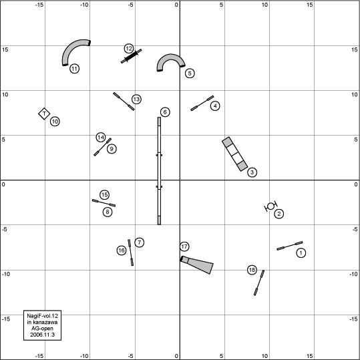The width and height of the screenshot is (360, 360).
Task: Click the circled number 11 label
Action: [74, 69]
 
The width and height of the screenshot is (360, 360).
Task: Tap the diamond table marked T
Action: [44, 114]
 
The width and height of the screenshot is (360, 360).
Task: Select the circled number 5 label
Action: [190, 73]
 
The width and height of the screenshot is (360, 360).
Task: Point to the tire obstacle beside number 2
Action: [271, 206]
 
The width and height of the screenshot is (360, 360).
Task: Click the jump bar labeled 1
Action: [289, 246]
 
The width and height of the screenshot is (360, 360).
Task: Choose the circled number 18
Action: [252, 270]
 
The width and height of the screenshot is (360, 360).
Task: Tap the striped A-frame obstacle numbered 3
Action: [234, 154]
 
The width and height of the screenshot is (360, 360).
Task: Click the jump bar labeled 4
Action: [202, 103]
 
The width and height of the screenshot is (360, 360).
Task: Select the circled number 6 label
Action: [165, 112]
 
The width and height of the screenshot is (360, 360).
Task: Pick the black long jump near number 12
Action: [132, 56]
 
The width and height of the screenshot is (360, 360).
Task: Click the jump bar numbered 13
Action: [124, 102]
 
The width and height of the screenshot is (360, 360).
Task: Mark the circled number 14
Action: [101, 138]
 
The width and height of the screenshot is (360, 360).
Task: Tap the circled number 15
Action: [104, 195]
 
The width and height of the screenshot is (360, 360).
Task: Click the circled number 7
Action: [140, 242]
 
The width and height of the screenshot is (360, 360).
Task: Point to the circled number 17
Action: [184, 246]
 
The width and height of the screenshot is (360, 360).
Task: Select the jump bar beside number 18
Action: [259, 283]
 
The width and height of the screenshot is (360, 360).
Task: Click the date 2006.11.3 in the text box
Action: [43, 335]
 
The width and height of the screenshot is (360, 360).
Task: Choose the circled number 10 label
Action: [55, 122]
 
